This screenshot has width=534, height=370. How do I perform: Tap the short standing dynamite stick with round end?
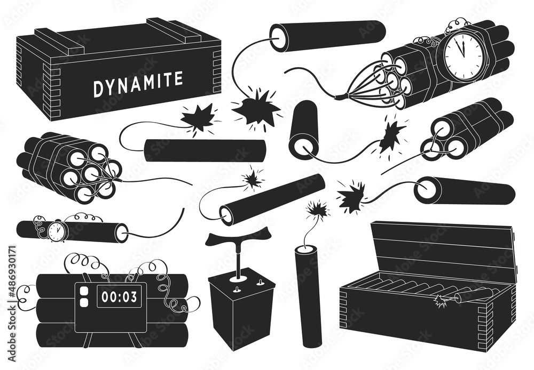(x=303, y=128)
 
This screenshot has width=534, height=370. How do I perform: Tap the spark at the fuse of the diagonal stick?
(x=252, y=179)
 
